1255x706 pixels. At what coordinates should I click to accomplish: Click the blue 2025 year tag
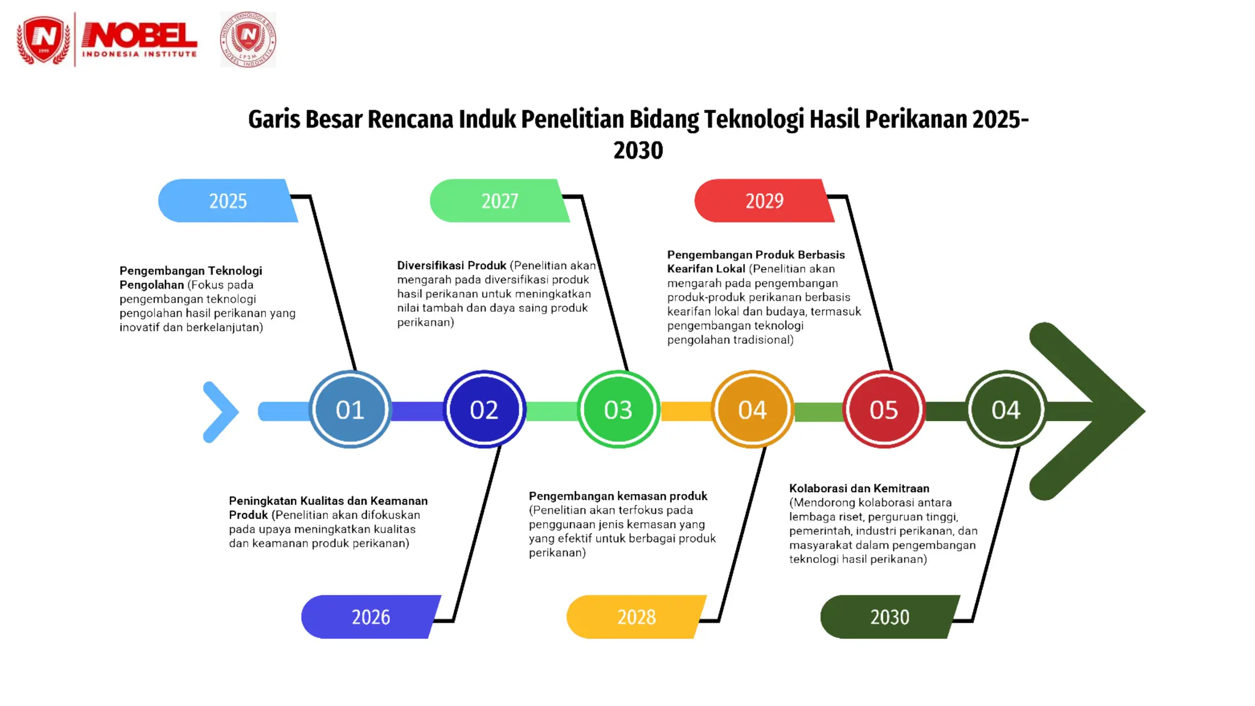click(227, 201)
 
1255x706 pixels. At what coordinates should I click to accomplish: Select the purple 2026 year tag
click(370, 617)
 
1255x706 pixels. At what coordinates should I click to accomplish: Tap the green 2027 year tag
click(499, 201)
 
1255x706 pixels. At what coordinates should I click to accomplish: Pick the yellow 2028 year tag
click(636, 617)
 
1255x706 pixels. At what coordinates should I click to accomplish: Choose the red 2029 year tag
click(764, 201)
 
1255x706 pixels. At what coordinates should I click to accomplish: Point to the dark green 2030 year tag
click(889, 617)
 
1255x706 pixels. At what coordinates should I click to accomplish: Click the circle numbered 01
click(350, 409)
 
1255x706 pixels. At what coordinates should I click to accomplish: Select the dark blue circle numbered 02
click(484, 409)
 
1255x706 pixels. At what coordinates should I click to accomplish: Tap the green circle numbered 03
click(618, 409)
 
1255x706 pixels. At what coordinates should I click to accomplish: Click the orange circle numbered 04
click(752, 409)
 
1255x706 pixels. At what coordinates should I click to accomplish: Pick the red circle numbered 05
click(884, 409)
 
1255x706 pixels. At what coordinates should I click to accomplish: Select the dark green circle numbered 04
click(1006, 409)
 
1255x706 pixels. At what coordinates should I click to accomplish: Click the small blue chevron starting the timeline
click(220, 412)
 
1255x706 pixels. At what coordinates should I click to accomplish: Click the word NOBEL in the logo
click(140, 36)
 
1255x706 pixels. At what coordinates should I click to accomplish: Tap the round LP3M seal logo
click(248, 39)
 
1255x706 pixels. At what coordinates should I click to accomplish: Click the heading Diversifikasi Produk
click(452, 265)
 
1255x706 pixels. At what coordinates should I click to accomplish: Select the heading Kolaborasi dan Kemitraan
click(859, 488)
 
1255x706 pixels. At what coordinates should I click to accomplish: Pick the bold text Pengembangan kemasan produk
click(618, 496)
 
